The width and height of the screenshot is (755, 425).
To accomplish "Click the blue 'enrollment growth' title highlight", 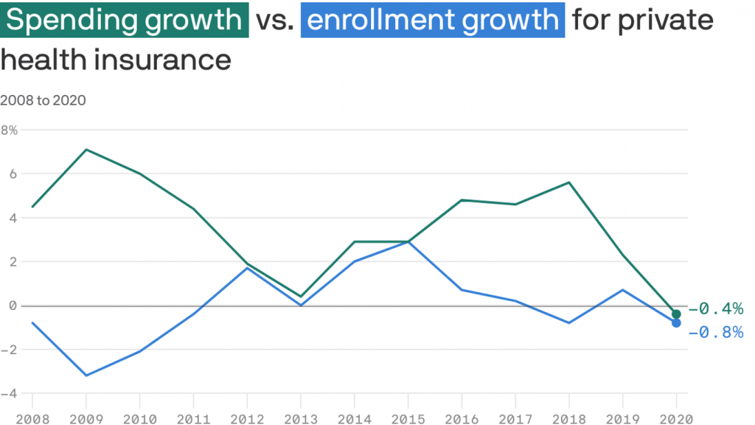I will point(433,20).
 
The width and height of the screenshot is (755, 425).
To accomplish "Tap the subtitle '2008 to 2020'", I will point(43,100).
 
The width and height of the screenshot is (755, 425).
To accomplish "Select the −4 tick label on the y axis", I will point(9,393).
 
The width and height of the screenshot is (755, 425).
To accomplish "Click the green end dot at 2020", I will point(676,314).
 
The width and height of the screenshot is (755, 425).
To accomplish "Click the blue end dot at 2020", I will point(676,323).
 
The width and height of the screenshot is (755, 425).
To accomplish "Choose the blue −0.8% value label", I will point(715,333).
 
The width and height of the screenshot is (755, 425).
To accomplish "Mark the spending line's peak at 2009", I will point(86,150).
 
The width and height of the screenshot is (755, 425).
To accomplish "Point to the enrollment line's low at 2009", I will point(86,376).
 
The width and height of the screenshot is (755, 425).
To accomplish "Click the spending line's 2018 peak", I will point(569,182).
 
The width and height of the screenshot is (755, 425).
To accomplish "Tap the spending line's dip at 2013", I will point(301,297).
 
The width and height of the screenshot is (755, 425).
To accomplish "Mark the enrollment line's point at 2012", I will point(247,268).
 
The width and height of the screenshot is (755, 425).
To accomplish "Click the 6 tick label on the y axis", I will point(13,174).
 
